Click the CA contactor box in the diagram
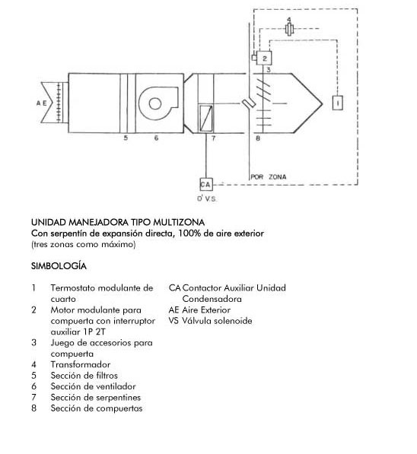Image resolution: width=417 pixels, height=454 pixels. pyautogui.click(x=206, y=184)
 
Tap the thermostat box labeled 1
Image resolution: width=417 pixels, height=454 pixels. pyautogui.click(x=338, y=103)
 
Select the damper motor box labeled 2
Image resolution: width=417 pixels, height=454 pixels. pyautogui.click(x=264, y=59)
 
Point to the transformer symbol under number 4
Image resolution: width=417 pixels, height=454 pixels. pyautogui.click(x=289, y=29)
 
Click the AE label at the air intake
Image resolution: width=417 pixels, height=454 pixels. pyautogui.click(x=41, y=103)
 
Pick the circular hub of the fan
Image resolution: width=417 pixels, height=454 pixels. pyautogui.click(x=155, y=103)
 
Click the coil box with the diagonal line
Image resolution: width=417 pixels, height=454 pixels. pyautogui.click(x=205, y=119)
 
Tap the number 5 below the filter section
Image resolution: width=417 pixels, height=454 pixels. pyautogui.click(x=126, y=138)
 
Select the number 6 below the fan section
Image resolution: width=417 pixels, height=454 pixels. pyautogui.click(x=157, y=138)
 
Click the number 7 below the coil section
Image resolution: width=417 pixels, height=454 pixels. pyautogui.click(x=214, y=138)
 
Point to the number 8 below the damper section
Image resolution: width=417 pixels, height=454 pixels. pyautogui.click(x=258, y=138)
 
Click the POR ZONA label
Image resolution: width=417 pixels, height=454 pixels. pyautogui.click(x=269, y=176)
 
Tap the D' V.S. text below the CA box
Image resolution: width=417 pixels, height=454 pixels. pyautogui.click(x=207, y=198)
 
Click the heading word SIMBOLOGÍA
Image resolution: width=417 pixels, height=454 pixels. pyautogui.click(x=59, y=266)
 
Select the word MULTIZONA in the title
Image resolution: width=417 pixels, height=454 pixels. pyautogui.click(x=179, y=222)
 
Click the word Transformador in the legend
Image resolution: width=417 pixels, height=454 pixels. pyautogui.click(x=80, y=364)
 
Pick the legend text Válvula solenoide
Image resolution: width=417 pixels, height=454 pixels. pyautogui.click(x=217, y=321)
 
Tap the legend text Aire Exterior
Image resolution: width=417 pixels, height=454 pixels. pyautogui.click(x=206, y=310)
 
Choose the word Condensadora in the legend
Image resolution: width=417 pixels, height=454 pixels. pyautogui.click(x=212, y=299)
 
